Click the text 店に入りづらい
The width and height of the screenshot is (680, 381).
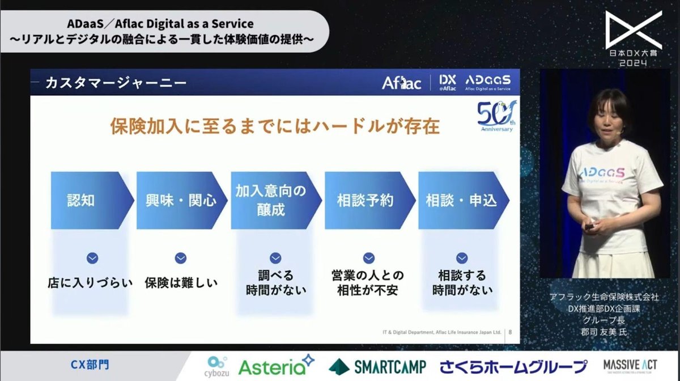click(90, 282)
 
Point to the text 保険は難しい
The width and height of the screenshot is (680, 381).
click(181, 282)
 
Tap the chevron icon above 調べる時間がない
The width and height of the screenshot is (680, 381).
click(275, 258)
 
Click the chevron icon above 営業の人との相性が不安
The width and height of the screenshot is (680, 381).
click(368, 258)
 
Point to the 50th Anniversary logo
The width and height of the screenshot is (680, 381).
click(494, 117)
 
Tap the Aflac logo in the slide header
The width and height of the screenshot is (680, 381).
click(401, 83)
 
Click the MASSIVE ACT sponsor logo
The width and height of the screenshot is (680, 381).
click(630, 366)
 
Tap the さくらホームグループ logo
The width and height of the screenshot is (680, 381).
click(513, 366)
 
